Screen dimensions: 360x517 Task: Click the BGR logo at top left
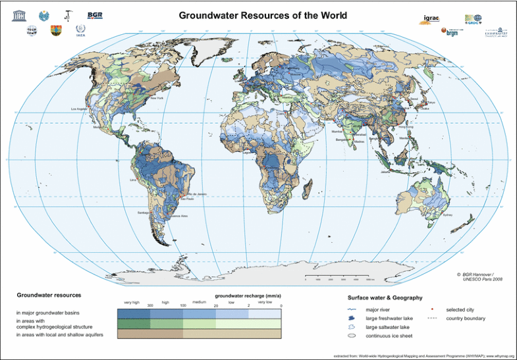coord(94,15)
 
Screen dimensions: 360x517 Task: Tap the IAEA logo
coord(80,31)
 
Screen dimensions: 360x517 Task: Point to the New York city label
coord(156,98)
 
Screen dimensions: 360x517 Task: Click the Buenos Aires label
coord(178,215)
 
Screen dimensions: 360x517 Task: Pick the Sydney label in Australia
coord(448,215)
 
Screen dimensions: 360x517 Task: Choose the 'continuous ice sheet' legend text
coord(389,336)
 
